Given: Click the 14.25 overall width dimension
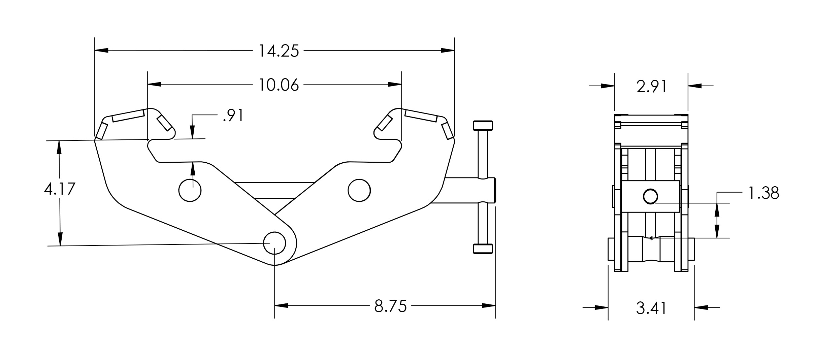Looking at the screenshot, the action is [x=279, y=51].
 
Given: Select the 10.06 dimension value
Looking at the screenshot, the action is [x=279, y=85].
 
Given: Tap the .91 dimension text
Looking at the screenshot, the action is [x=233, y=116].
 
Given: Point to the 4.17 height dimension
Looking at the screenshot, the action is [x=60, y=189].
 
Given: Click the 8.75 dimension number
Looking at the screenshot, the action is [x=391, y=306].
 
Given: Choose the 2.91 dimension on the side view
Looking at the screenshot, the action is [x=651, y=87].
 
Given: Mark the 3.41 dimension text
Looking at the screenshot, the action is [x=651, y=308].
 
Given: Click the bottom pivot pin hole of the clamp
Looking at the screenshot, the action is [x=274, y=243].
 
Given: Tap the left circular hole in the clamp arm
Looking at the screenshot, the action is [x=190, y=190].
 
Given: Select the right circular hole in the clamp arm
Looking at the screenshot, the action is [x=359, y=190].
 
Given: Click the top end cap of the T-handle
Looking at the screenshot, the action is [x=483, y=126].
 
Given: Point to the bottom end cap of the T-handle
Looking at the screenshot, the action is [x=483, y=249].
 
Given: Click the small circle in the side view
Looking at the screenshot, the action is [x=650, y=197].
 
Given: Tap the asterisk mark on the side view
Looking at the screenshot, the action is [x=651, y=238].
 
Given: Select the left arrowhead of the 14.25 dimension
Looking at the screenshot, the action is [x=101, y=51].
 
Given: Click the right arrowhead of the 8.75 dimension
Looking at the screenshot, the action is [x=489, y=306].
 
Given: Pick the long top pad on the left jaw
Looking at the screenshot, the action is [x=128, y=116].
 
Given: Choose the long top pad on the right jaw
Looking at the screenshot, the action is [x=421, y=116].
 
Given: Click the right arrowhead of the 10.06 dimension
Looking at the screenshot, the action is [x=395, y=84].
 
